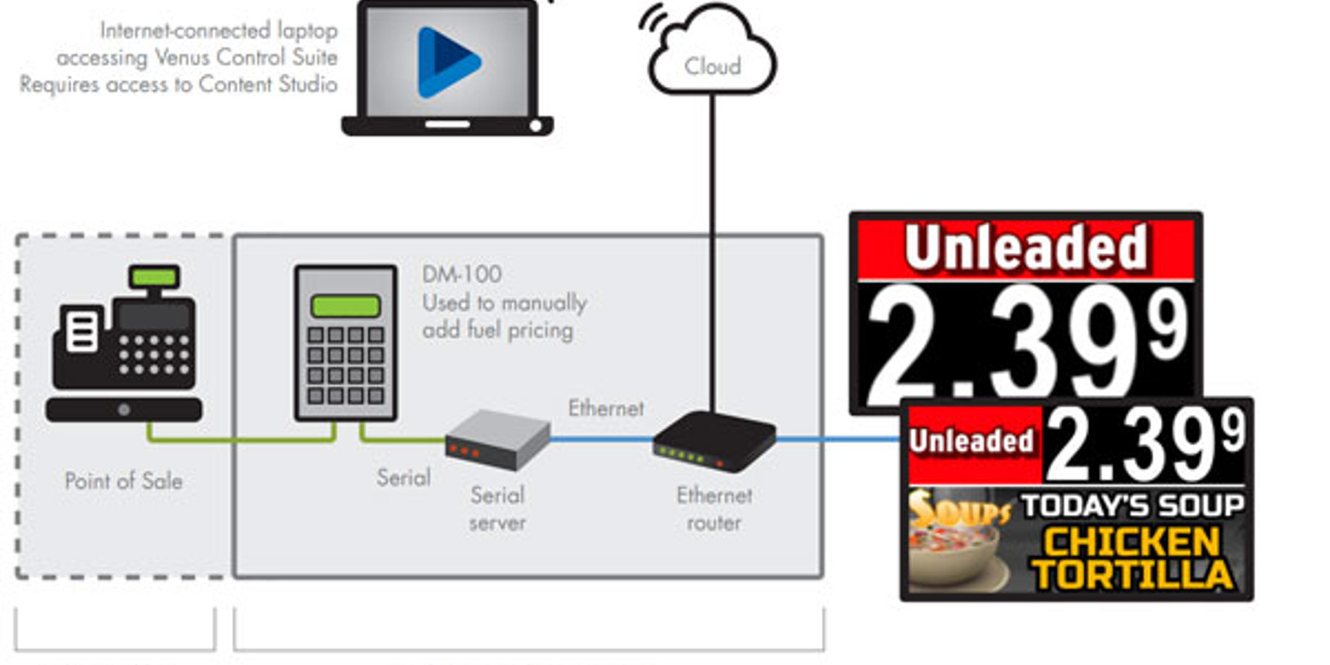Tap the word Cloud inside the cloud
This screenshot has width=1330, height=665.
click(x=713, y=66)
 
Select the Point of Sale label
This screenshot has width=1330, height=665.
click(x=124, y=481)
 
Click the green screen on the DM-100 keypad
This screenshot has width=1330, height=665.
click(x=346, y=306)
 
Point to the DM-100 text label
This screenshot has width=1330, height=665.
click(x=462, y=275)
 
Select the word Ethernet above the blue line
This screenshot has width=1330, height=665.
click(x=606, y=408)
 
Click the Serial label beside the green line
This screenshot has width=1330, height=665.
click(x=403, y=478)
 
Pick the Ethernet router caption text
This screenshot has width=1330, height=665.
click(x=714, y=509)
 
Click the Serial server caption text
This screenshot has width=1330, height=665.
click(x=497, y=509)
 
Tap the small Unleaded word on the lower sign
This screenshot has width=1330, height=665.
click(x=971, y=441)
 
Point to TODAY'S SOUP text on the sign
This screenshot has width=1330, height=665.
click(x=1133, y=505)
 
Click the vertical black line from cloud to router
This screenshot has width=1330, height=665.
click(x=713, y=253)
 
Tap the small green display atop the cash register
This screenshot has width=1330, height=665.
click(x=154, y=276)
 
